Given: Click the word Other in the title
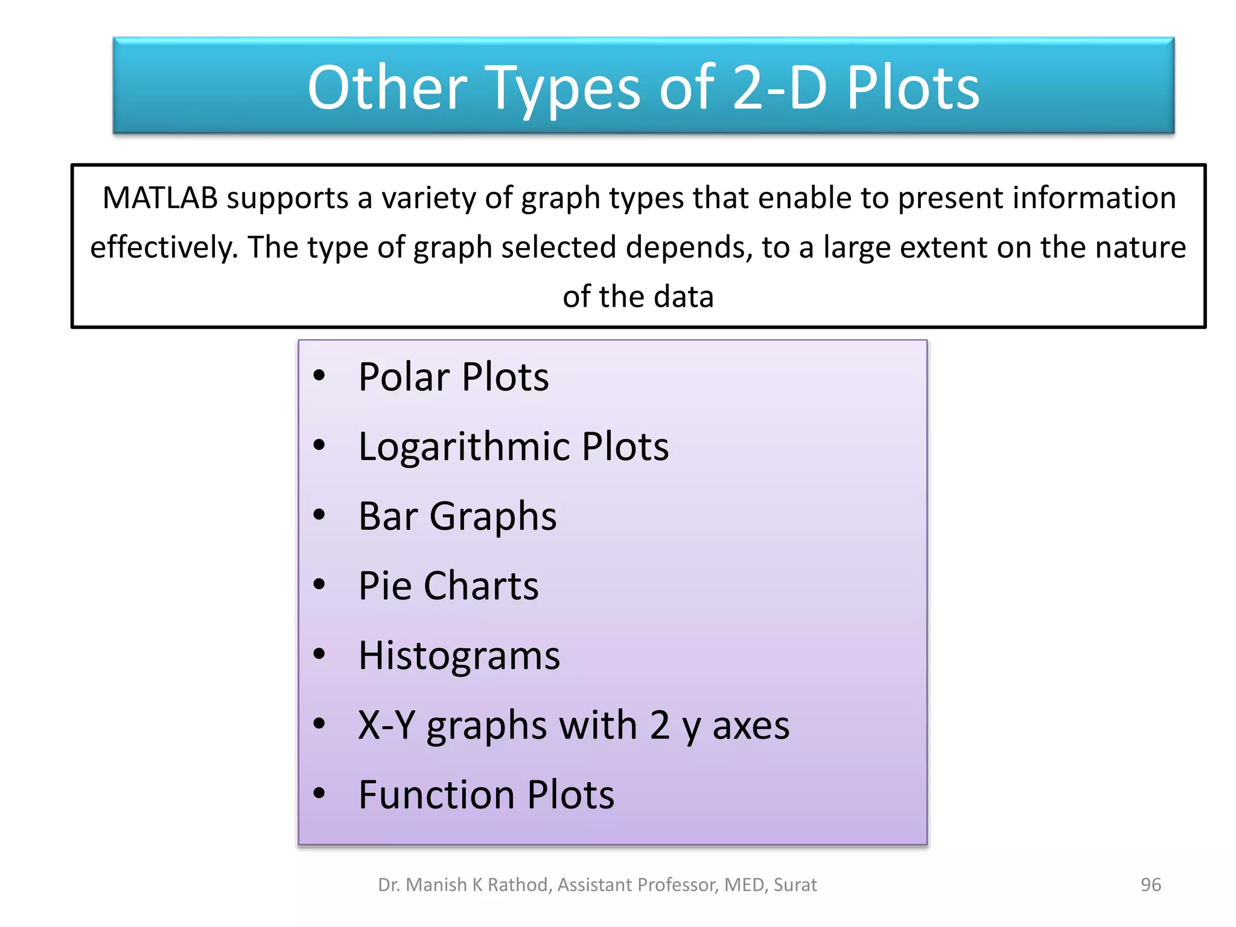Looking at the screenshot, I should tap(387, 88).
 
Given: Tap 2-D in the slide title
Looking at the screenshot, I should tap(779, 88).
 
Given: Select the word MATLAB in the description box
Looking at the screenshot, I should tap(160, 198).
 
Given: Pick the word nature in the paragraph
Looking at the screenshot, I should tap(1140, 247).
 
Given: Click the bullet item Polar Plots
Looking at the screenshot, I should tap(453, 377).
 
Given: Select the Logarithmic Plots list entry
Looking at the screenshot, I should tap(514, 447).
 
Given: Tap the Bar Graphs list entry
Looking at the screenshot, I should tap(457, 517).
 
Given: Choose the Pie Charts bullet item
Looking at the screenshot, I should tap(448, 586).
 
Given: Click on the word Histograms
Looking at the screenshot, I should tap(459, 655).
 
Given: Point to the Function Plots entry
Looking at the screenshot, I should tap(486, 795).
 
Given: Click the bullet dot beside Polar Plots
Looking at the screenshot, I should tap(319, 376).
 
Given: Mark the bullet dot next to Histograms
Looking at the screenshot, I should tap(319, 654).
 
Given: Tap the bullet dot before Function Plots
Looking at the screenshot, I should tap(319, 793).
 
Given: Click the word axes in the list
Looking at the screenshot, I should tap(751, 726).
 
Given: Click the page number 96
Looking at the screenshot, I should tap(1150, 885).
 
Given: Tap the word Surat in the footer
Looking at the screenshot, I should tap(795, 885).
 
